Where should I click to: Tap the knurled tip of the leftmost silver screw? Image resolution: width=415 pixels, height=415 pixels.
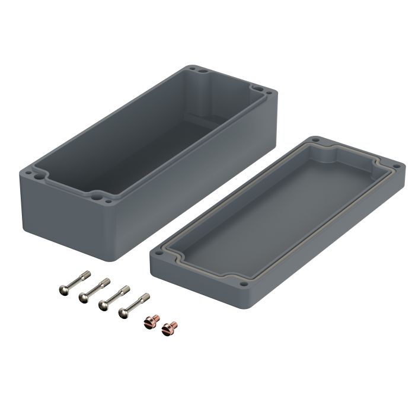pyautogui.click(x=87, y=275)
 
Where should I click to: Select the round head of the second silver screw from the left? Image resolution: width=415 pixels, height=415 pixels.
pyautogui.click(x=82, y=298)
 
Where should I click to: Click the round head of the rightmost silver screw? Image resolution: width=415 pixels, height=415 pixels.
pyautogui.click(x=124, y=314)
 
